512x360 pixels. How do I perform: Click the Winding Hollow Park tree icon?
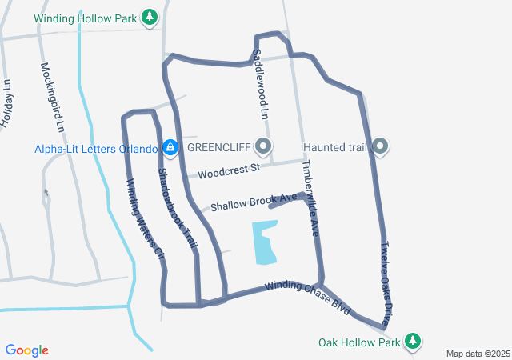[149, 17]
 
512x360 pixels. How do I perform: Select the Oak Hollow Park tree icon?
[413, 342]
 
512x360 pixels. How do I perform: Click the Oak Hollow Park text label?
[359, 342]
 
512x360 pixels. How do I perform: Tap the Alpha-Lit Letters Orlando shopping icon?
[170, 147]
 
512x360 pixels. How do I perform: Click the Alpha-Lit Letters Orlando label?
[95, 148]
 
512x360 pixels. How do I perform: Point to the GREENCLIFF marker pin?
[264, 146]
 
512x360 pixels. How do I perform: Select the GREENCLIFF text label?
[218, 147]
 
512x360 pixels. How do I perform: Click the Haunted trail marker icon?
[381, 146]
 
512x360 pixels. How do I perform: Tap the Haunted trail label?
[334, 147]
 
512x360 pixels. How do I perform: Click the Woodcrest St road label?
[230, 170]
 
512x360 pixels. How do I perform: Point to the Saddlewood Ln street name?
[259, 84]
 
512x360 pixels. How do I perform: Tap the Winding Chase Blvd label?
[308, 296]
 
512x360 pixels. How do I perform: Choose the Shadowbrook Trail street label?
[177, 212]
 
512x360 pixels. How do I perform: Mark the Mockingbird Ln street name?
[51, 97]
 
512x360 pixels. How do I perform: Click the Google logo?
[27, 350]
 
